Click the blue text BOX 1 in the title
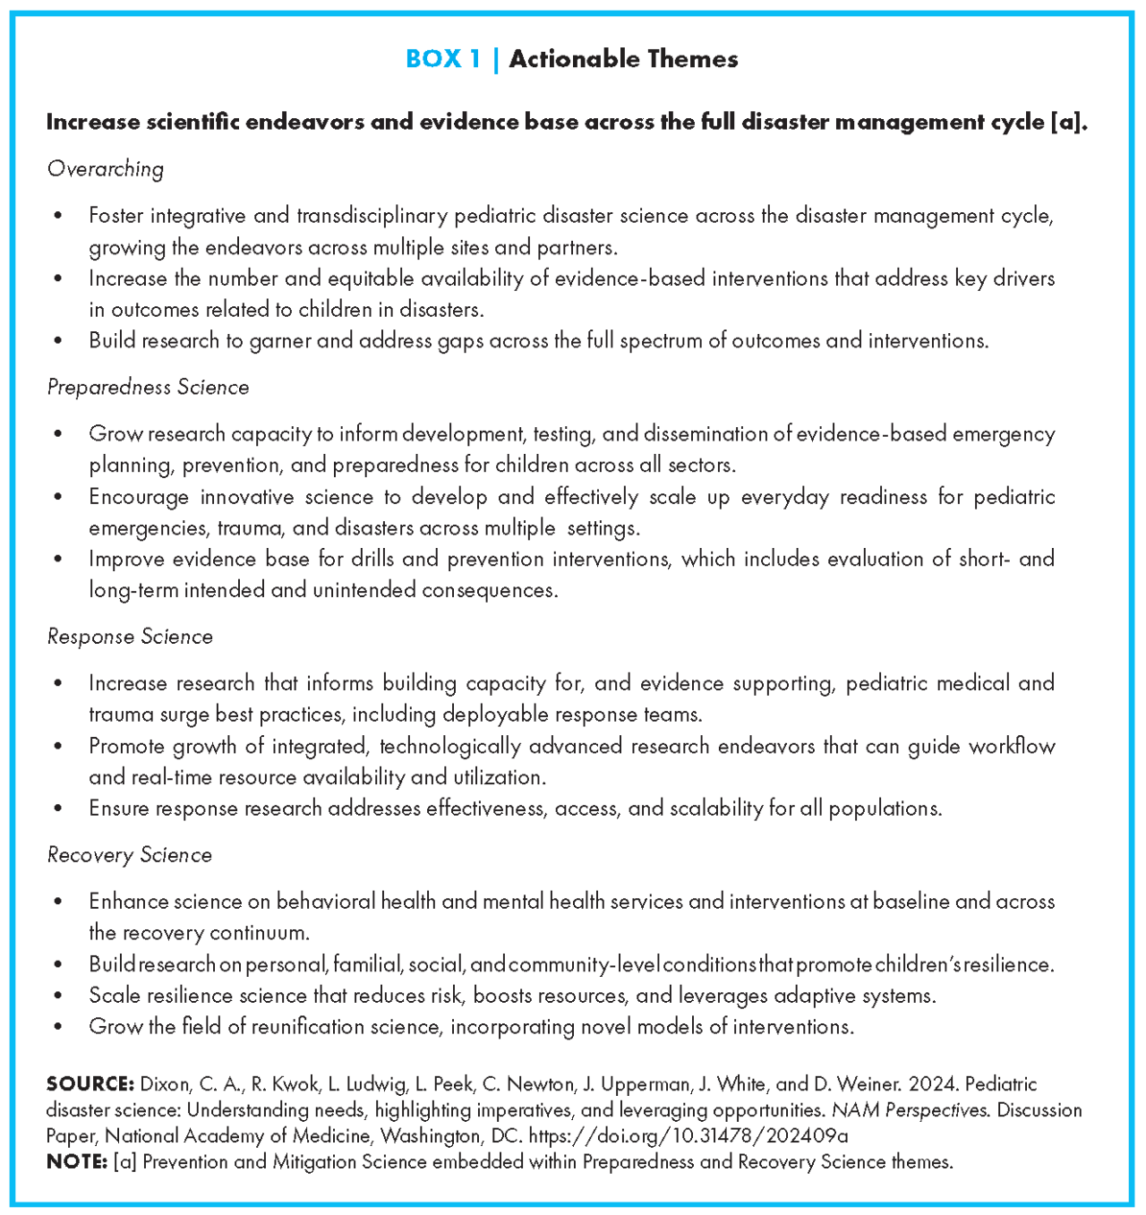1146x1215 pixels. coord(443,59)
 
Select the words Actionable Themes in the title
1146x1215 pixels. coord(623,59)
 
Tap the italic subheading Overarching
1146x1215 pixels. coord(106,169)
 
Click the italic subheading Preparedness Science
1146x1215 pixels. coord(148,387)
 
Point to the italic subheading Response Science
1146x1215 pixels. coord(130,637)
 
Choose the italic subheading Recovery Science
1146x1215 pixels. coord(130,855)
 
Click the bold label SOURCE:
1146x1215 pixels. coord(90,1084)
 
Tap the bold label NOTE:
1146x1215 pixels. coord(77,1162)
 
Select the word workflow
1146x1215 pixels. coord(1011,747)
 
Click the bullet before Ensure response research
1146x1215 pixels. coord(58,809)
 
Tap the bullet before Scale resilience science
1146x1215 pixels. coord(58,996)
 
